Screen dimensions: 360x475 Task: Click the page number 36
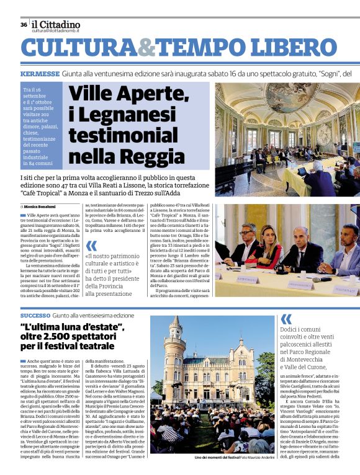click(x=24, y=25)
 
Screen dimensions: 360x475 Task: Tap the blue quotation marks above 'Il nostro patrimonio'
click(x=91, y=246)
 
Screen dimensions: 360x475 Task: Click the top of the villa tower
click(x=175, y=322)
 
